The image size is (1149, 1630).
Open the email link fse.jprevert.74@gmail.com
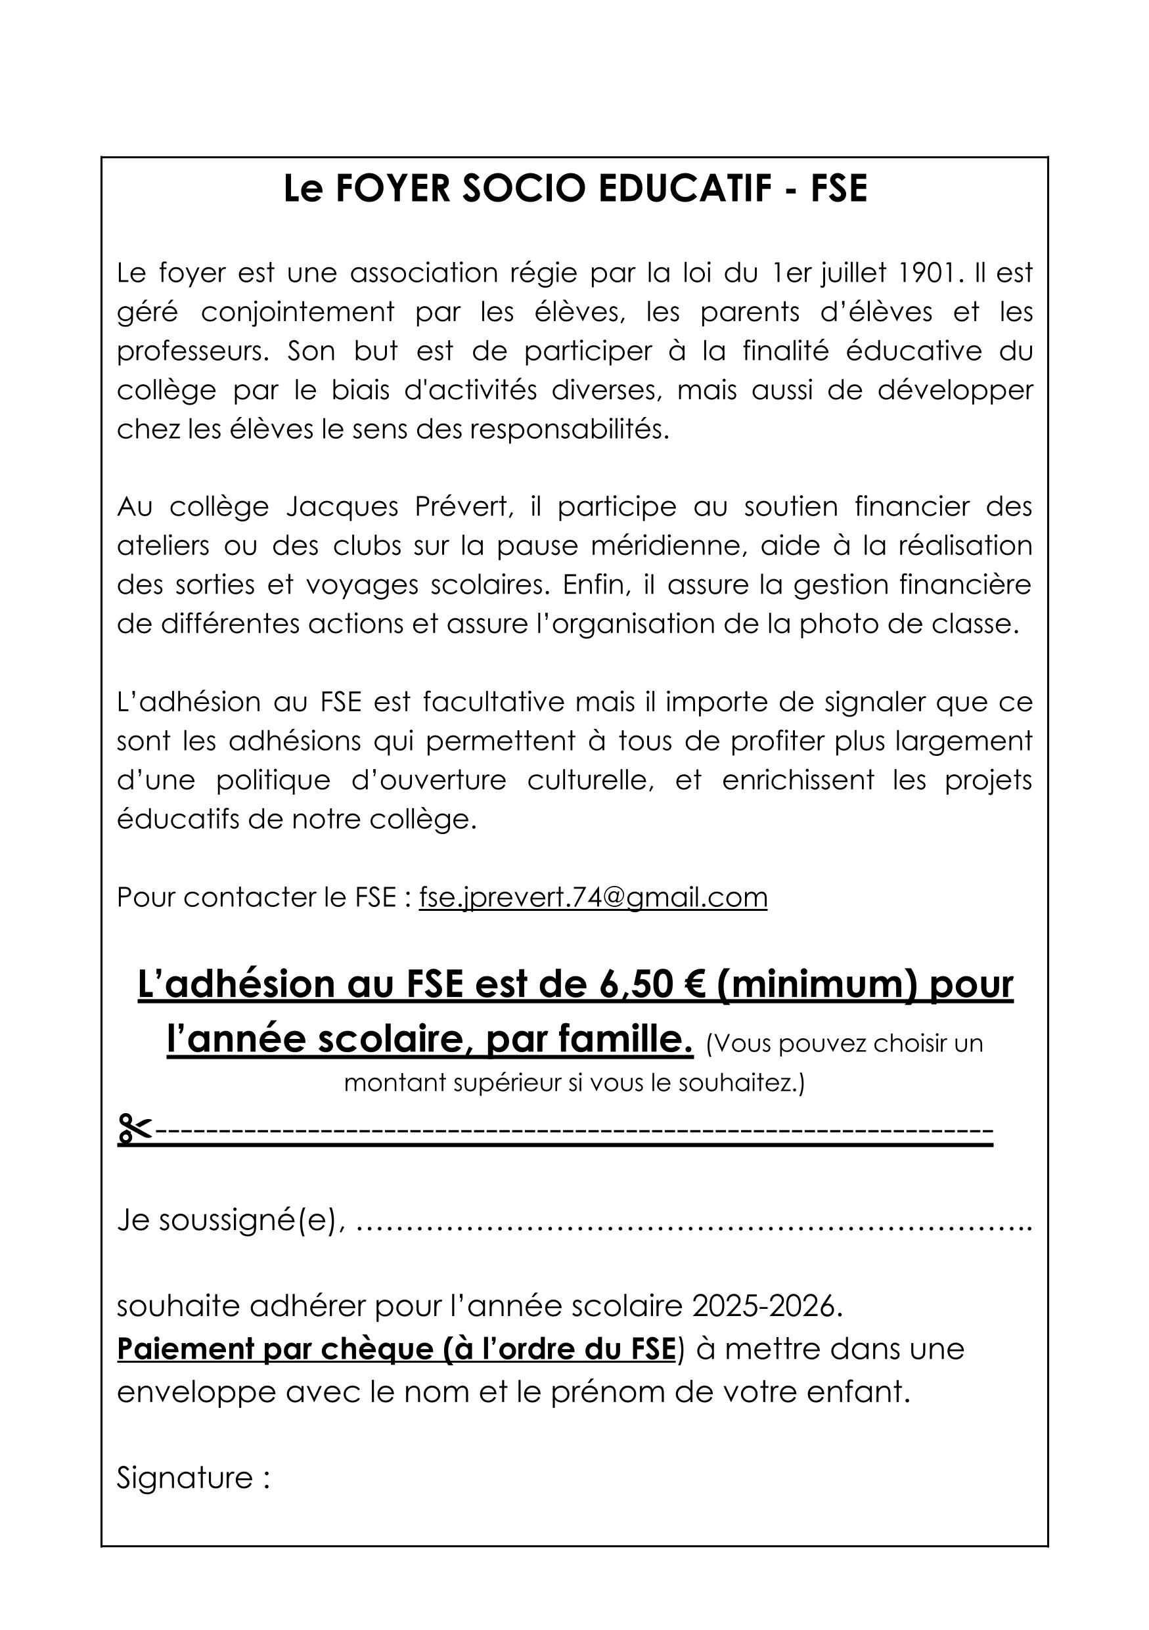click(593, 897)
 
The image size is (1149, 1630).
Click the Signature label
click(186, 1478)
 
